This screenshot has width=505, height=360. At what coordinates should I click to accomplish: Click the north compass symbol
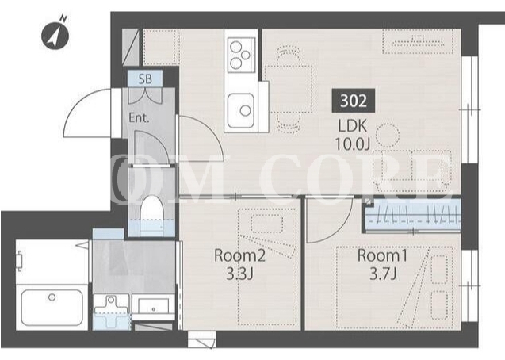point(55,36)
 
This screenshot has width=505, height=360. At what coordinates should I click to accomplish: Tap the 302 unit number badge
point(354,101)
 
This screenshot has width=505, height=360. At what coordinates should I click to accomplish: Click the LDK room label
point(352,126)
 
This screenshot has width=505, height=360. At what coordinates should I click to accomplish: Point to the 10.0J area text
point(352,144)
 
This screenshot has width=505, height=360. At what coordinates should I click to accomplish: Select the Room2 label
point(239,255)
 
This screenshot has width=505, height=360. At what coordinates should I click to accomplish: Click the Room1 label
point(382,255)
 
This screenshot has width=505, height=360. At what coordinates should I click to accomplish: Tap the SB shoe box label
point(145,79)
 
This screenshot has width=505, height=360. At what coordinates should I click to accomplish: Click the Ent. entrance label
point(140,118)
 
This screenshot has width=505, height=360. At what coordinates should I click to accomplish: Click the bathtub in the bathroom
point(52,308)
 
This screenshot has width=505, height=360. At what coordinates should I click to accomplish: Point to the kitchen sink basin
point(241,110)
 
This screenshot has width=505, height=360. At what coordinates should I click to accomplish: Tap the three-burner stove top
point(242,55)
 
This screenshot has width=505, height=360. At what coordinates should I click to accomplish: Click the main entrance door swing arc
point(82,101)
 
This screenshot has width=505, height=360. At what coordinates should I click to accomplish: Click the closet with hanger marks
point(413,215)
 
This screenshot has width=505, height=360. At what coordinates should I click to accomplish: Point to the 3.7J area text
point(383,274)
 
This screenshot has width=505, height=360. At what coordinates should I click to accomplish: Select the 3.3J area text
point(239,274)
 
